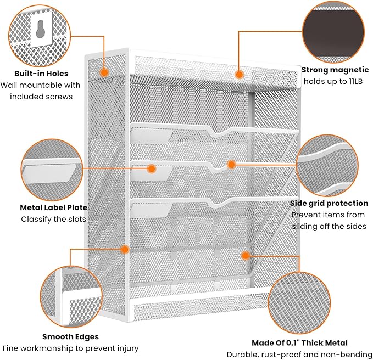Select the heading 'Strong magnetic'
pos(334,70)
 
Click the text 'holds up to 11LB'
pos(332,82)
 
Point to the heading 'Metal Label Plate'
pos(53,207)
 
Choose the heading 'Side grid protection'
pos(329,203)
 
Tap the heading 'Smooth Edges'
pos(70,336)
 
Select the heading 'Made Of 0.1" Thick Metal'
pos(299,343)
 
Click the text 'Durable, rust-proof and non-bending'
pos(300,355)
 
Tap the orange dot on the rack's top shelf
pos(239,73)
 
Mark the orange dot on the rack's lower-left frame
pos(125,249)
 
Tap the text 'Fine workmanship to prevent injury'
pos(70,348)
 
